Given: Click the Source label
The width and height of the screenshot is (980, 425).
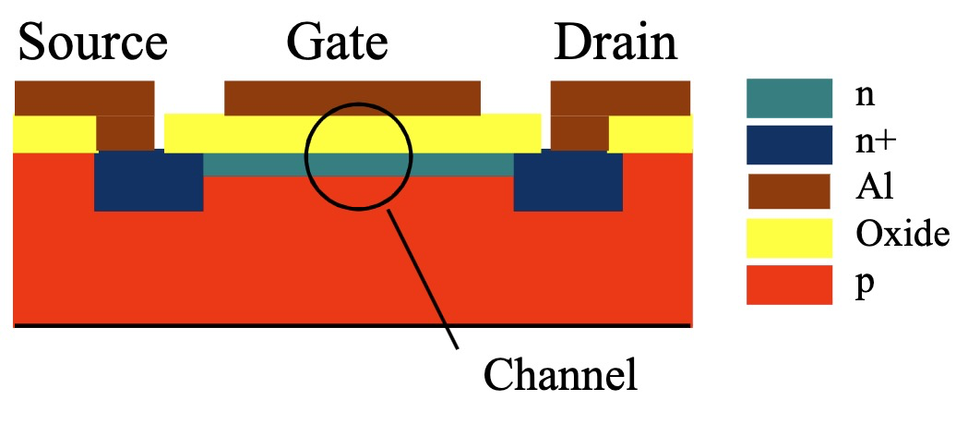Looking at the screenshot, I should tap(92, 42).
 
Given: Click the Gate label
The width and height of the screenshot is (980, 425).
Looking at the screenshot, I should tap(338, 42).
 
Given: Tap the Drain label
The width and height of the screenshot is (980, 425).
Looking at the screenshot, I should tap(615, 42).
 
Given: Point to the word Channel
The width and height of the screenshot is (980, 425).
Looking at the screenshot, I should tap(561, 376).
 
